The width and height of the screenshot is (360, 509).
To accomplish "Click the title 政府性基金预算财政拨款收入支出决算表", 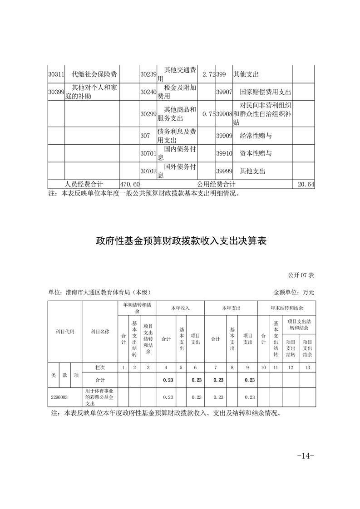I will [x=180, y=240].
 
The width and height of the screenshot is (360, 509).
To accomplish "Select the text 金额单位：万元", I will [x=294, y=293].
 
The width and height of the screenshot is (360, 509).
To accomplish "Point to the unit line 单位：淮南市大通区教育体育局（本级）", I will [x=99, y=293].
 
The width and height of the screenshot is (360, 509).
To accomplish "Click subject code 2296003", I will [x=59, y=397].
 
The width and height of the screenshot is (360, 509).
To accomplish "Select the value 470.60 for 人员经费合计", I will [x=130, y=184].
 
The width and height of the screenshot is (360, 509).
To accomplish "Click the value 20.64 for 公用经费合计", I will [x=306, y=184].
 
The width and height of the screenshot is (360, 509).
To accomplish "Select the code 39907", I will [x=224, y=92].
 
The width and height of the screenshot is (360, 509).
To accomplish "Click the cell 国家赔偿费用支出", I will [x=265, y=92].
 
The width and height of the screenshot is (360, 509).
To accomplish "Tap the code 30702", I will [x=148, y=171].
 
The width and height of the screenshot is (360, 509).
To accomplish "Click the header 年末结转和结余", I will [x=286, y=308].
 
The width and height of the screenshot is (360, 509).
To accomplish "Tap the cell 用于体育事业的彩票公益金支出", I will [x=99, y=397].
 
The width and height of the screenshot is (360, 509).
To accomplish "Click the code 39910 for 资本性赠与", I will [x=224, y=153].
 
